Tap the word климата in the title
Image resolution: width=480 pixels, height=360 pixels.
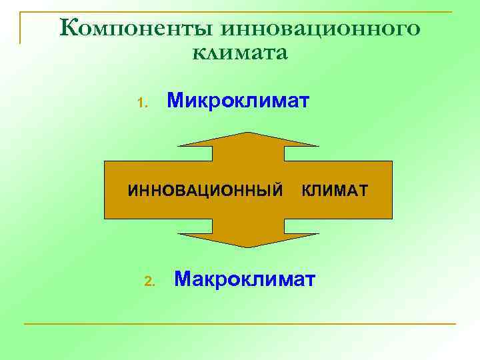(240, 53)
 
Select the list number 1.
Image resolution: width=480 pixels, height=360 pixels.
(141, 103)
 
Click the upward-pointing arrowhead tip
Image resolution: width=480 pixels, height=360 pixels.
(248, 133)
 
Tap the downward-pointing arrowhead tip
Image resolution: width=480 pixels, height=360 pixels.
(248, 247)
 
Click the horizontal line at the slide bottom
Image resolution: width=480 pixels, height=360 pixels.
(240, 324)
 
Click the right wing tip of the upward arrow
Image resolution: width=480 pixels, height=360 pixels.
(318, 145)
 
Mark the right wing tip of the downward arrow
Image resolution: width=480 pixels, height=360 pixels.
(318, 234)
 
